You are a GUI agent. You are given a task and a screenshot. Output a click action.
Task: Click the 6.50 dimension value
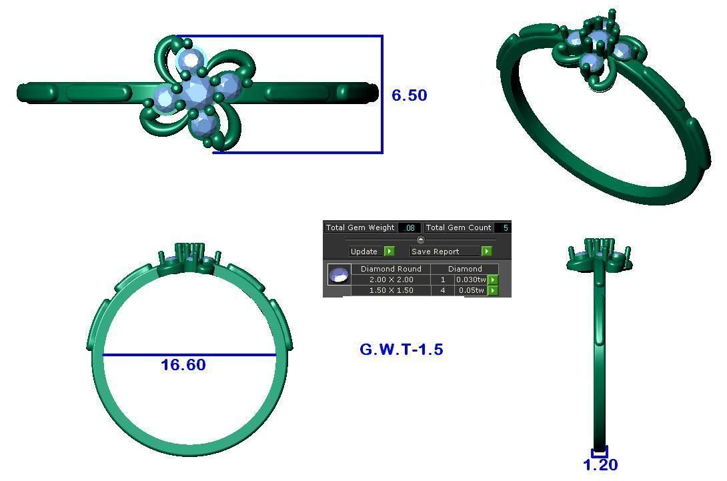tap(409, 95)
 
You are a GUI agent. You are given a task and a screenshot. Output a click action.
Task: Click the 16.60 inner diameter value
tap(183, 365)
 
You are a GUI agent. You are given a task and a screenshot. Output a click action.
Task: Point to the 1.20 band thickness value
tap(600, 465)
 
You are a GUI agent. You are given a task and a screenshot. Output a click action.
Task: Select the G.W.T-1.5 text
tap(401, 350)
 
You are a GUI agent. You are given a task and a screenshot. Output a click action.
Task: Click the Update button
tap(364, 252)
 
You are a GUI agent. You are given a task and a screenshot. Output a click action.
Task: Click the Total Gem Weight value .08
tap(409, 228)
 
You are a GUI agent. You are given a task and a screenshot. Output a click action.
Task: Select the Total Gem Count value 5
tap(505, 228)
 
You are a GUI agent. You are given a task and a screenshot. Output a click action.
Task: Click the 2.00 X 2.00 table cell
tap(391, 280)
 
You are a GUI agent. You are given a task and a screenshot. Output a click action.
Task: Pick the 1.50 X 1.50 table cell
tap(391, 290)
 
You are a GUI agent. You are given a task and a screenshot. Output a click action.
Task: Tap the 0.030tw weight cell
tap(470, 280)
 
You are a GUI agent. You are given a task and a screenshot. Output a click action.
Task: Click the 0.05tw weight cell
tap(470, 290)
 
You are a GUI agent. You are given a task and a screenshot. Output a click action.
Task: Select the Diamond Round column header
tap(391, 269)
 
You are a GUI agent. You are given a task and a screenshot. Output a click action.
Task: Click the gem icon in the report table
tap(339, 275)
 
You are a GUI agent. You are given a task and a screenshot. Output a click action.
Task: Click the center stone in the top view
tap(197, 93)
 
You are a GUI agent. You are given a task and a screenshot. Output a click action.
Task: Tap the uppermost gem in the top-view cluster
tap(191, 60)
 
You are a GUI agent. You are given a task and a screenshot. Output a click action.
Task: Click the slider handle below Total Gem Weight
tap(420, 239)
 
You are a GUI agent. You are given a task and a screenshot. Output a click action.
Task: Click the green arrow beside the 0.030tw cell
tap(493, 280)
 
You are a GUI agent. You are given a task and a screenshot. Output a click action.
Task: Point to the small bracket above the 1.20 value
tap(599, 453)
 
